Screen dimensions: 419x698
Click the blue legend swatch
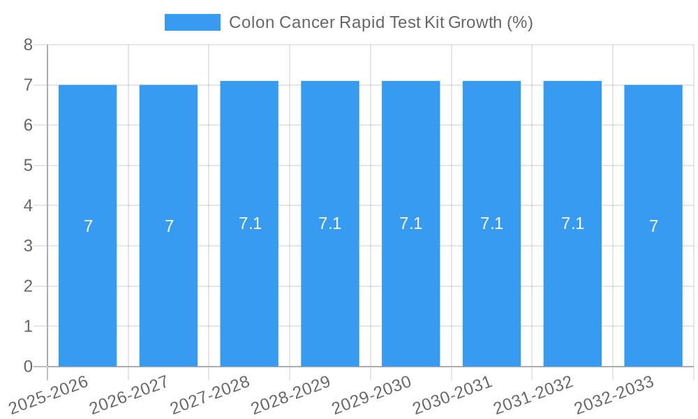192,22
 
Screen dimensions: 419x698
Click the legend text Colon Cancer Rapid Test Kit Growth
380,22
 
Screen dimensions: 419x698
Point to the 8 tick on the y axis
28,45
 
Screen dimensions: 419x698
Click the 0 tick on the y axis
28,367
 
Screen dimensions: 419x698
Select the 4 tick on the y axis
28,206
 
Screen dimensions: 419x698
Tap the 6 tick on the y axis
28,126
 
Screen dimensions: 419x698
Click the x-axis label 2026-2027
129,395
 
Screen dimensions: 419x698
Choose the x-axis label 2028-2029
290,395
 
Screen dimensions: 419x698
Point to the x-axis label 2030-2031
452,395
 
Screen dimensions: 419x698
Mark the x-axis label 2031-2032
533,395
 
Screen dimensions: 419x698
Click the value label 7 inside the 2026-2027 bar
169,226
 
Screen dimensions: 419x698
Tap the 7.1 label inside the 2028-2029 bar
329,223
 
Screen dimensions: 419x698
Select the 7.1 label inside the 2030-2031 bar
491,223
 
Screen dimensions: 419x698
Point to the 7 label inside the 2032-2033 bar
653,226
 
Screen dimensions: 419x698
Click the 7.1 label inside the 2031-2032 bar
572,223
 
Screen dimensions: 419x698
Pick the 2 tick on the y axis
28,286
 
